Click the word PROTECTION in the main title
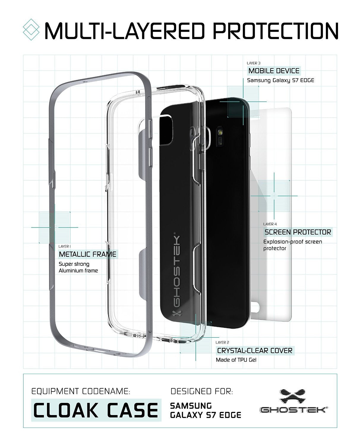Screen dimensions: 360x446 coord(275,31)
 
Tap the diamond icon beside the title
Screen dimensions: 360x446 coord(31,29)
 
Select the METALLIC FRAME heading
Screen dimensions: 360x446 coord(88,254)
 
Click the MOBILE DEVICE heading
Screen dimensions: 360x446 coord(274,71)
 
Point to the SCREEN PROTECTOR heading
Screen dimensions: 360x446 coord(298,232)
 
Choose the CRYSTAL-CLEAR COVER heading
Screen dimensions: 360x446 coord(255,351)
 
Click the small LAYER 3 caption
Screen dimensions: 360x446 coord(254,63)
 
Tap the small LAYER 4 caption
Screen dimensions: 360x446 coord(270,224)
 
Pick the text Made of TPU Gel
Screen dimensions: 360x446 coord(236,360)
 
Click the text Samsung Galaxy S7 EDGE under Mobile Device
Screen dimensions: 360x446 coord(280,80)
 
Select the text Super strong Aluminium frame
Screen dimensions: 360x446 coord(78,267)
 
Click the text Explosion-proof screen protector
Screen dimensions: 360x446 coord(293,245)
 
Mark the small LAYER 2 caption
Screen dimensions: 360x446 coord(222,342)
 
